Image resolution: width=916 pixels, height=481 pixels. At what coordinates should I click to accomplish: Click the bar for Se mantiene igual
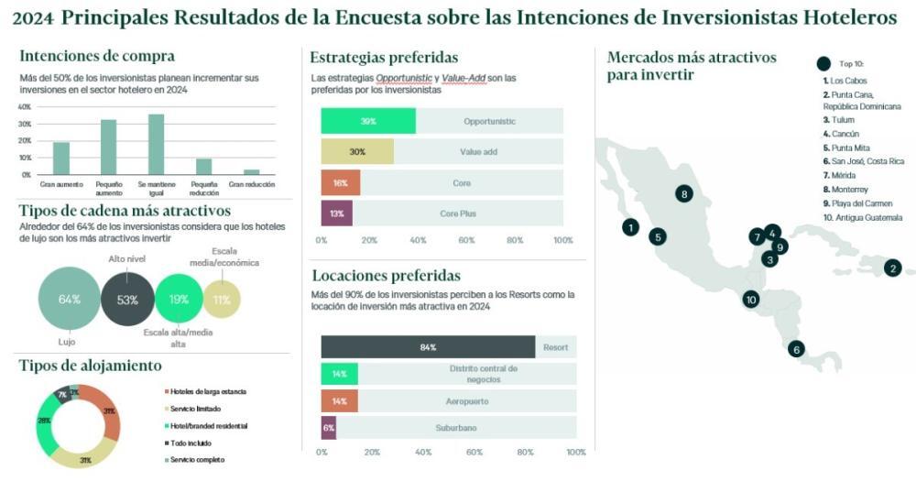click(x=156, y=144)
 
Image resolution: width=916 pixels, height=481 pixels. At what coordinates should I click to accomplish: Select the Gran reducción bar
click(x=251, y=171)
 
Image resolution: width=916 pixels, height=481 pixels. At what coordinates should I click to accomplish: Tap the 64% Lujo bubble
click(x=69, y=300)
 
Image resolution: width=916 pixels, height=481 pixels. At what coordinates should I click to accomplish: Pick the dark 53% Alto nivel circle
click(x=127, y=300)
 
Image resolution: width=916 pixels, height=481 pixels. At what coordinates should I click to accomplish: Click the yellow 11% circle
click(x=222, y=300)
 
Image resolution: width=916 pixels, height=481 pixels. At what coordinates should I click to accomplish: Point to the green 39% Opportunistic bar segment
click(x=368, y=121)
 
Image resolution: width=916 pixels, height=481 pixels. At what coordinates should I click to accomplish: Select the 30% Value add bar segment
click(x=357, y=151)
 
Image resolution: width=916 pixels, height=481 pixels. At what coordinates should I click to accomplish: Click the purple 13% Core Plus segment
click(x=337, y=213)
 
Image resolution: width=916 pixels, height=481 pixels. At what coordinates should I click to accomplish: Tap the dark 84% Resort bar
click(x=428, y=347)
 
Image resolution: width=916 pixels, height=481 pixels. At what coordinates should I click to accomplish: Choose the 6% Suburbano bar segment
click(x=329, y=427)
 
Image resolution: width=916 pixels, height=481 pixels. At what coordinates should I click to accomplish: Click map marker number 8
click(x=683, y=193)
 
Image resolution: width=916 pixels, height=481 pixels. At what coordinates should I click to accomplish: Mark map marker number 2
click(x=892, y=268)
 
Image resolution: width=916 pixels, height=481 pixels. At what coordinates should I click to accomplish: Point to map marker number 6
click(x=796, y=348)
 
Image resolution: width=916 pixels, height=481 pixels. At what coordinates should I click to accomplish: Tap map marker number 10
click(x=751, y=299)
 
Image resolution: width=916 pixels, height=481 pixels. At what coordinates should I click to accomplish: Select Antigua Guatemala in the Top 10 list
click(x=862, y=217)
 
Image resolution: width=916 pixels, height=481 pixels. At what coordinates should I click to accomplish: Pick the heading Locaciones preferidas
click(x=387, y=275)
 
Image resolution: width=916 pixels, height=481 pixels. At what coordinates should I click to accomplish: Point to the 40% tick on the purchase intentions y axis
click(x=25, y=107)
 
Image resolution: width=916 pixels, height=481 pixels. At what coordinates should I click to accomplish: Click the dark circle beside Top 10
click(x=823, y=63)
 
